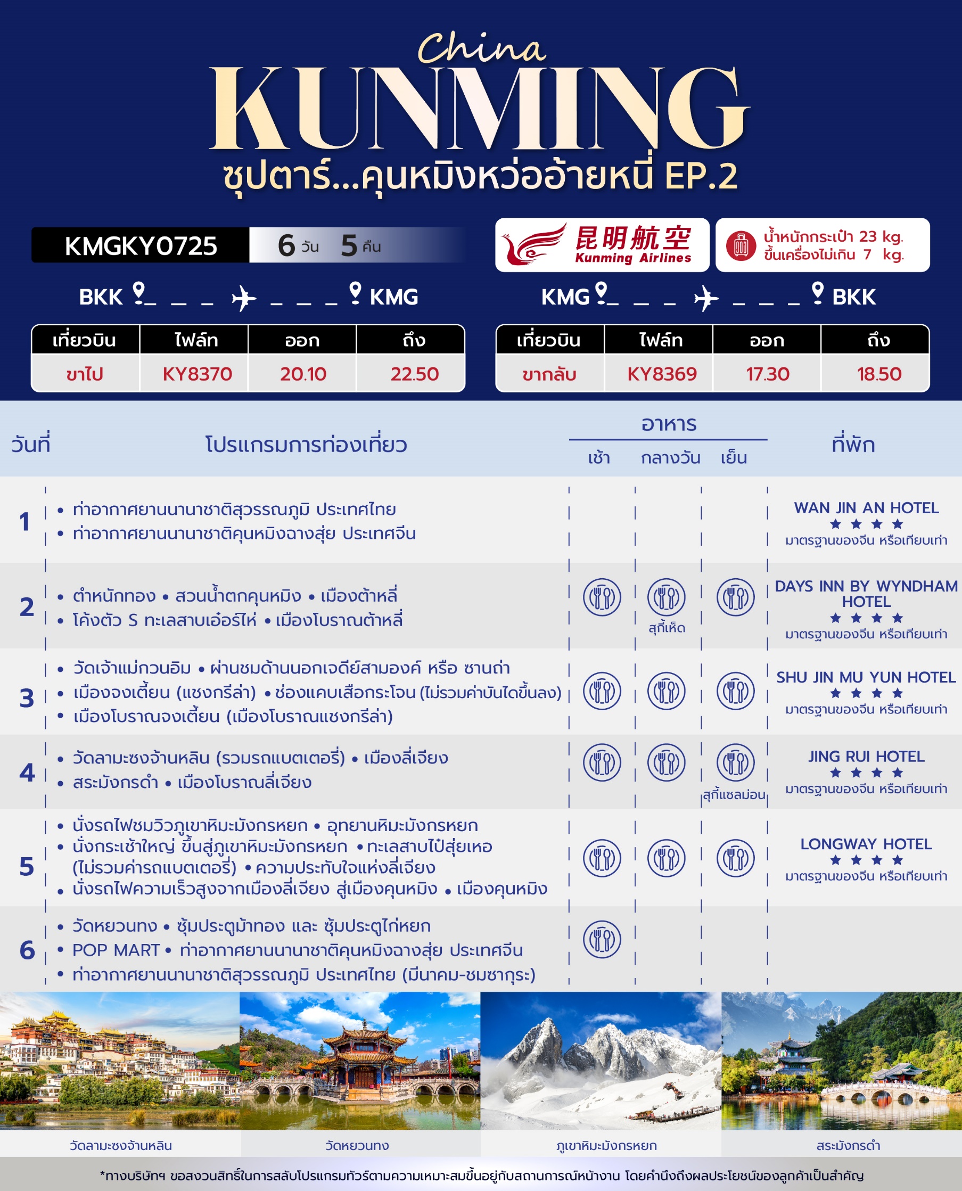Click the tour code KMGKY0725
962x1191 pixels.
point(141,246)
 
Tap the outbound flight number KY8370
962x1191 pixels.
point(197,374)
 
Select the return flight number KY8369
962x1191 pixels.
point(662,374)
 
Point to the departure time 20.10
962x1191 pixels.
point(303,374)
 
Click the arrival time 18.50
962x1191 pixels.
point(879,374)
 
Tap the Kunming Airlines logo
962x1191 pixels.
point(602,244)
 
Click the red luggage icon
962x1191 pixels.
point(742,245)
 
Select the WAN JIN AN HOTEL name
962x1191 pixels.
point(866,508)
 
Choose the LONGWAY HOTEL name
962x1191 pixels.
point(866,844)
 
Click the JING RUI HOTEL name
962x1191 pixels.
point(866,757)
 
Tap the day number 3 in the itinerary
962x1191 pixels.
point(27,698)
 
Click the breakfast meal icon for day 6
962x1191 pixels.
point(602,939)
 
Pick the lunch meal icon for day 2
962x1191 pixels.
point(667,597)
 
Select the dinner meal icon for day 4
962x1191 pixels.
point(735,762)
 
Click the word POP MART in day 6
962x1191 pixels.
point(116,950)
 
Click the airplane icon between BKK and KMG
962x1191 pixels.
point(244,298)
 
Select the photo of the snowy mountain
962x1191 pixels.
point(601,1061)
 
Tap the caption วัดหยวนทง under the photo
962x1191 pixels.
point(357,1146)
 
